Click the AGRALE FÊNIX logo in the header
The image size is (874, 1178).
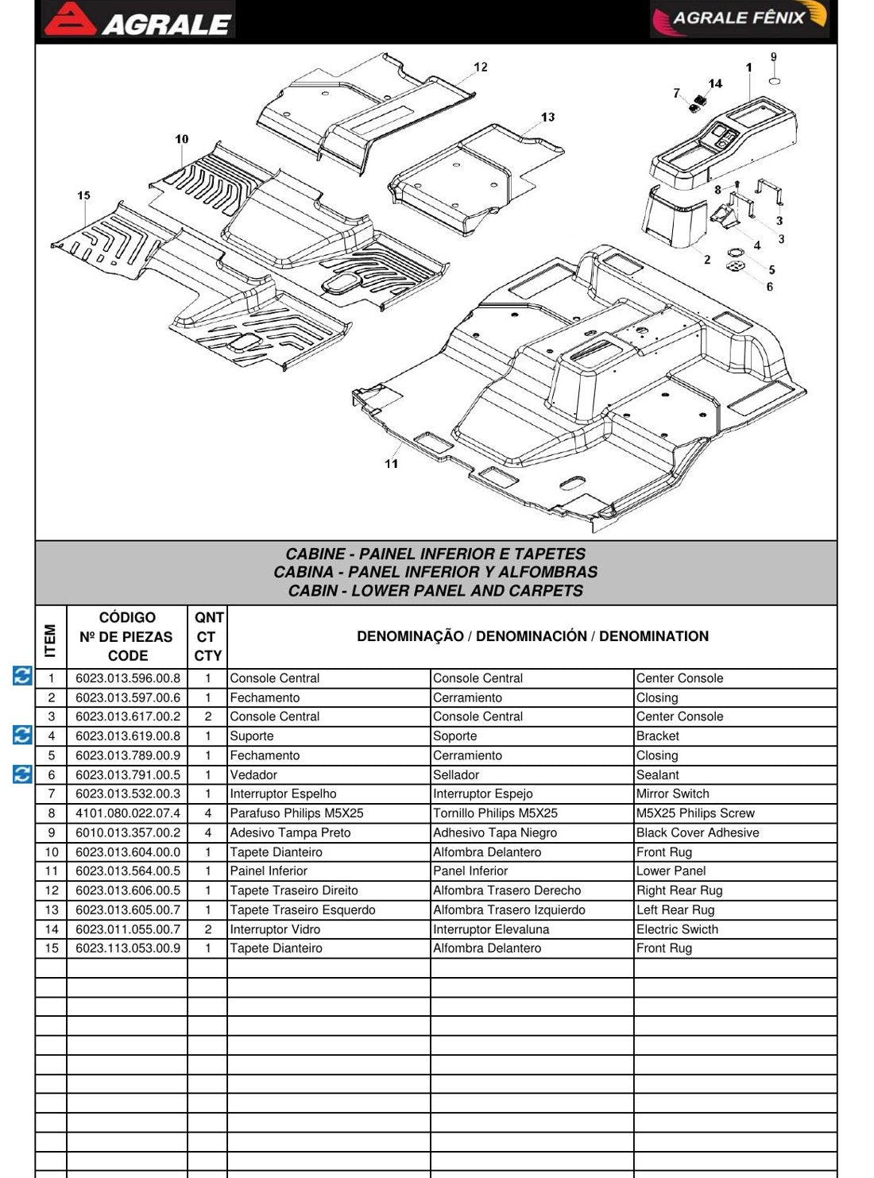[740, 19]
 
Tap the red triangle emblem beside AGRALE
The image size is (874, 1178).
[70, 19]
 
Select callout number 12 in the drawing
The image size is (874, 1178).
[480, 67]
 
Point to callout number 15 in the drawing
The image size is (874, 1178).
[83, 195]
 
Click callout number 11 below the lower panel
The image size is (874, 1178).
[391, 464]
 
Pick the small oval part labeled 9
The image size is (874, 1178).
[775, 81]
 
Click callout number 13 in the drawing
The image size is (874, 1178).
[547, 117]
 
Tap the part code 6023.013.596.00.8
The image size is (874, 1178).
[127, 678]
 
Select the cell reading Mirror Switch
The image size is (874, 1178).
[672, 794]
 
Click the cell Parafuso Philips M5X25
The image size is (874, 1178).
[296, 813]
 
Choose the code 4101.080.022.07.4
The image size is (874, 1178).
[127, 813]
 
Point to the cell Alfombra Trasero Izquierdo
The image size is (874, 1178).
[509, 910]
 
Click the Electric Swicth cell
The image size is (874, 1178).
[677, 929]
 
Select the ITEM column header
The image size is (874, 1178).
[50, 640]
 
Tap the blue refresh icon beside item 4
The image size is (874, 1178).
[22, 735]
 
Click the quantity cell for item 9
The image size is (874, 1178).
[207, 832]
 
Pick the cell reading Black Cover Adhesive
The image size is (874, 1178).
[697, 832]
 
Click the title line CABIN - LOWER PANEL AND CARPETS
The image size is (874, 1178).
[435, 591]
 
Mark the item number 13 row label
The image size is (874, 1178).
[51, 910]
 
